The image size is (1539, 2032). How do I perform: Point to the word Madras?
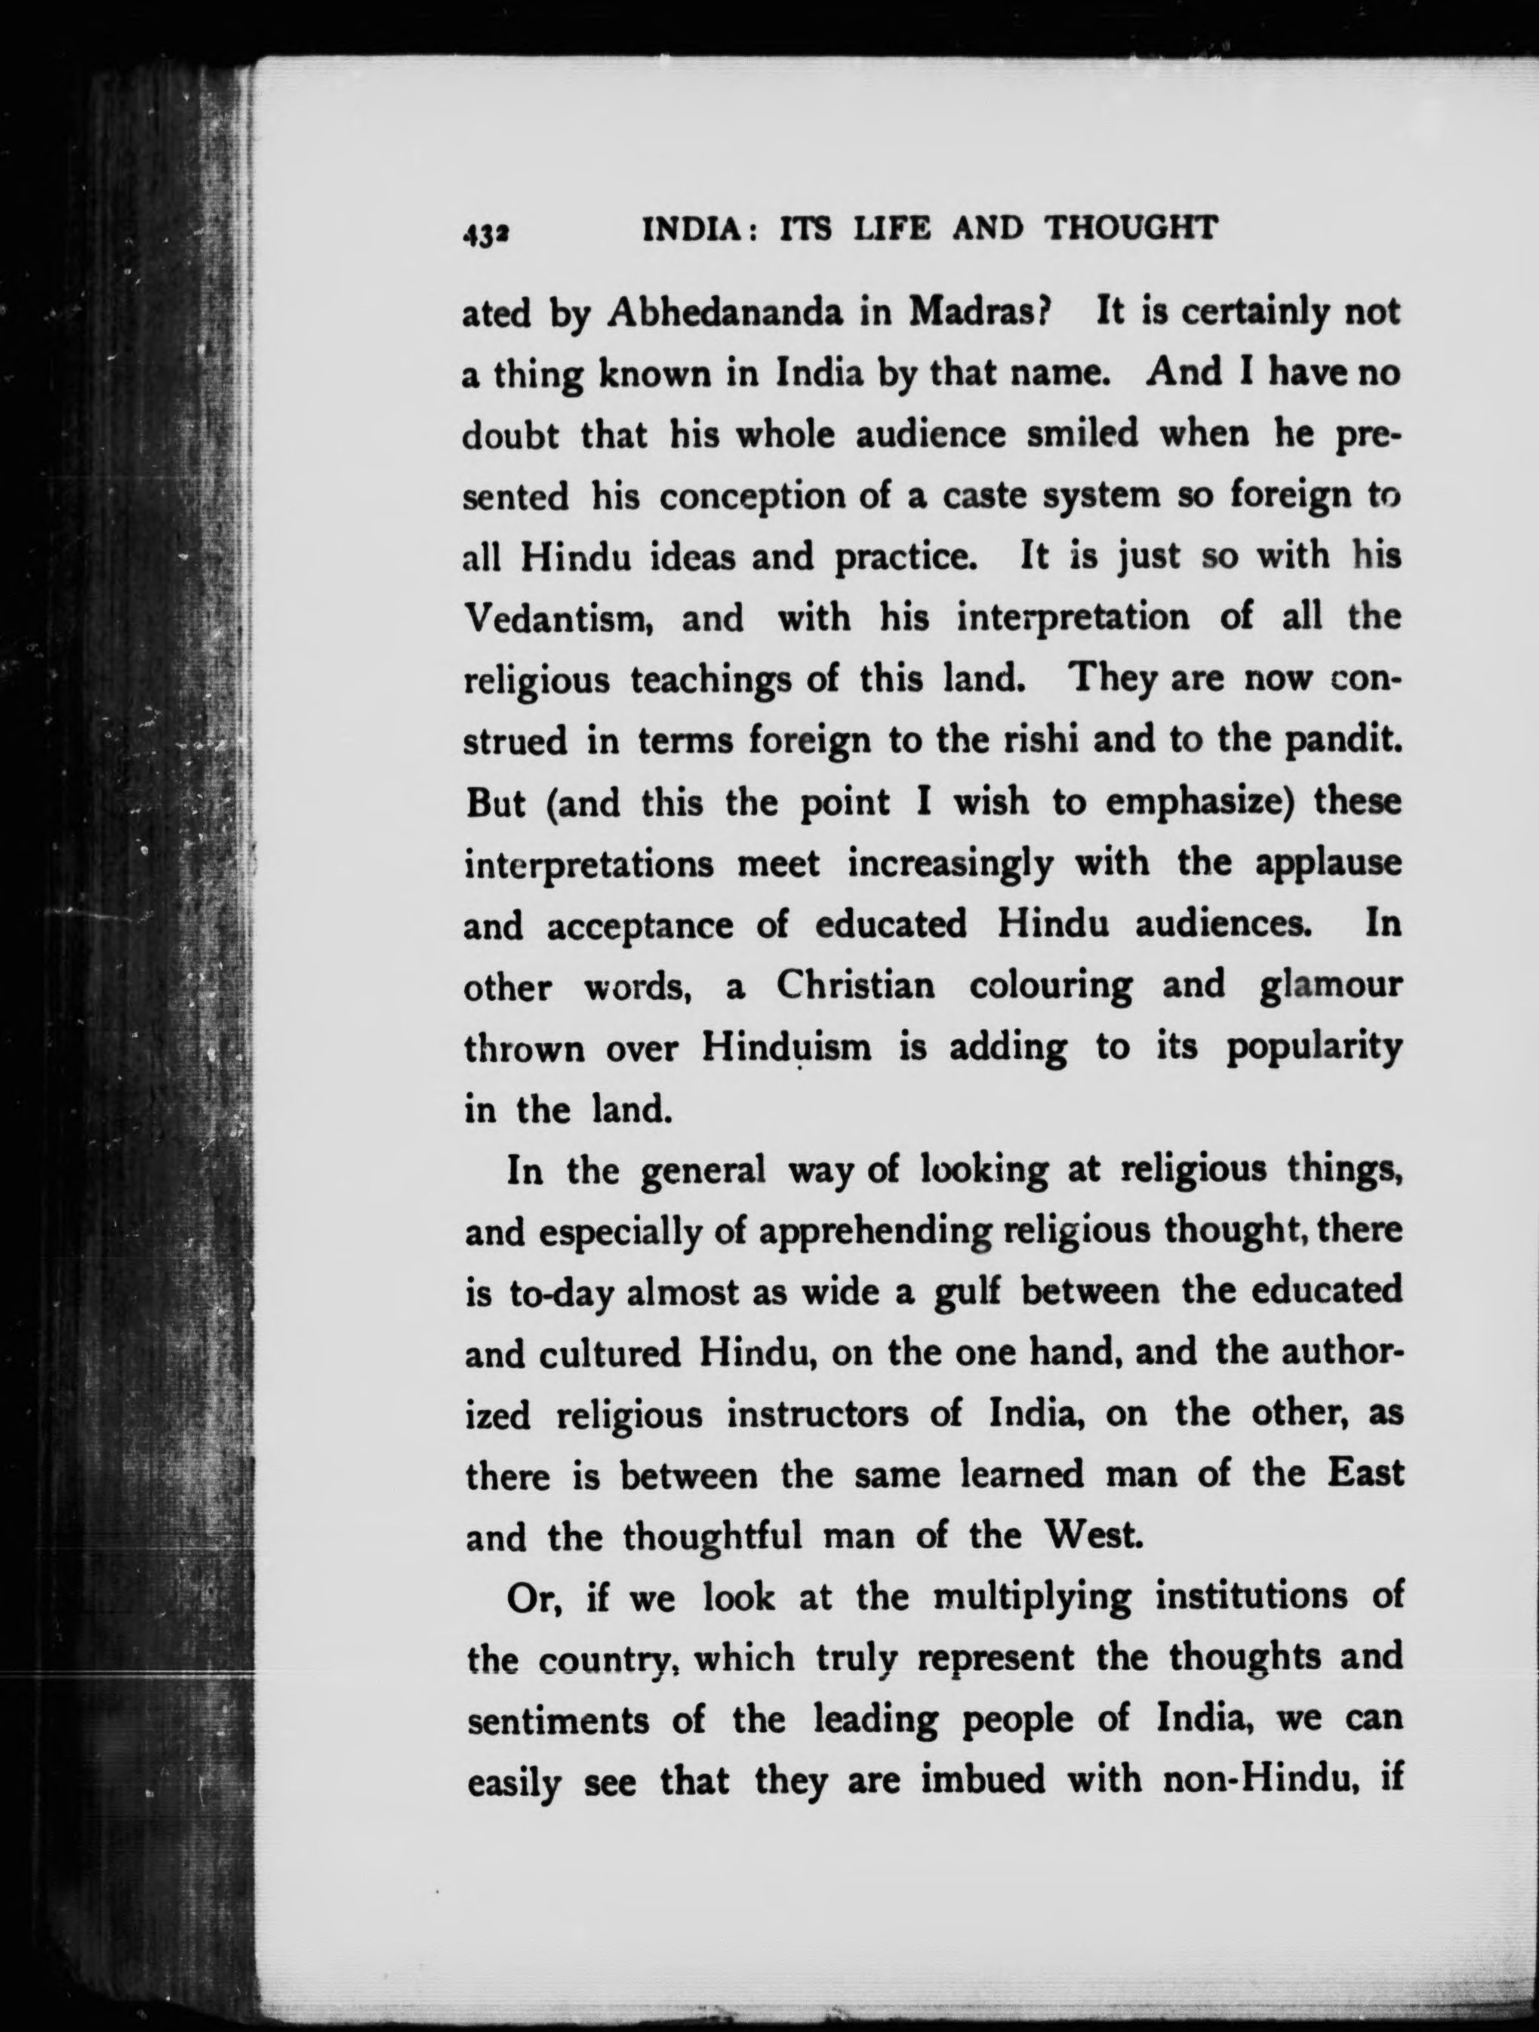click(x=977, y=314)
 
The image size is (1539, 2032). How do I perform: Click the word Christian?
click(x=854, y=986)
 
